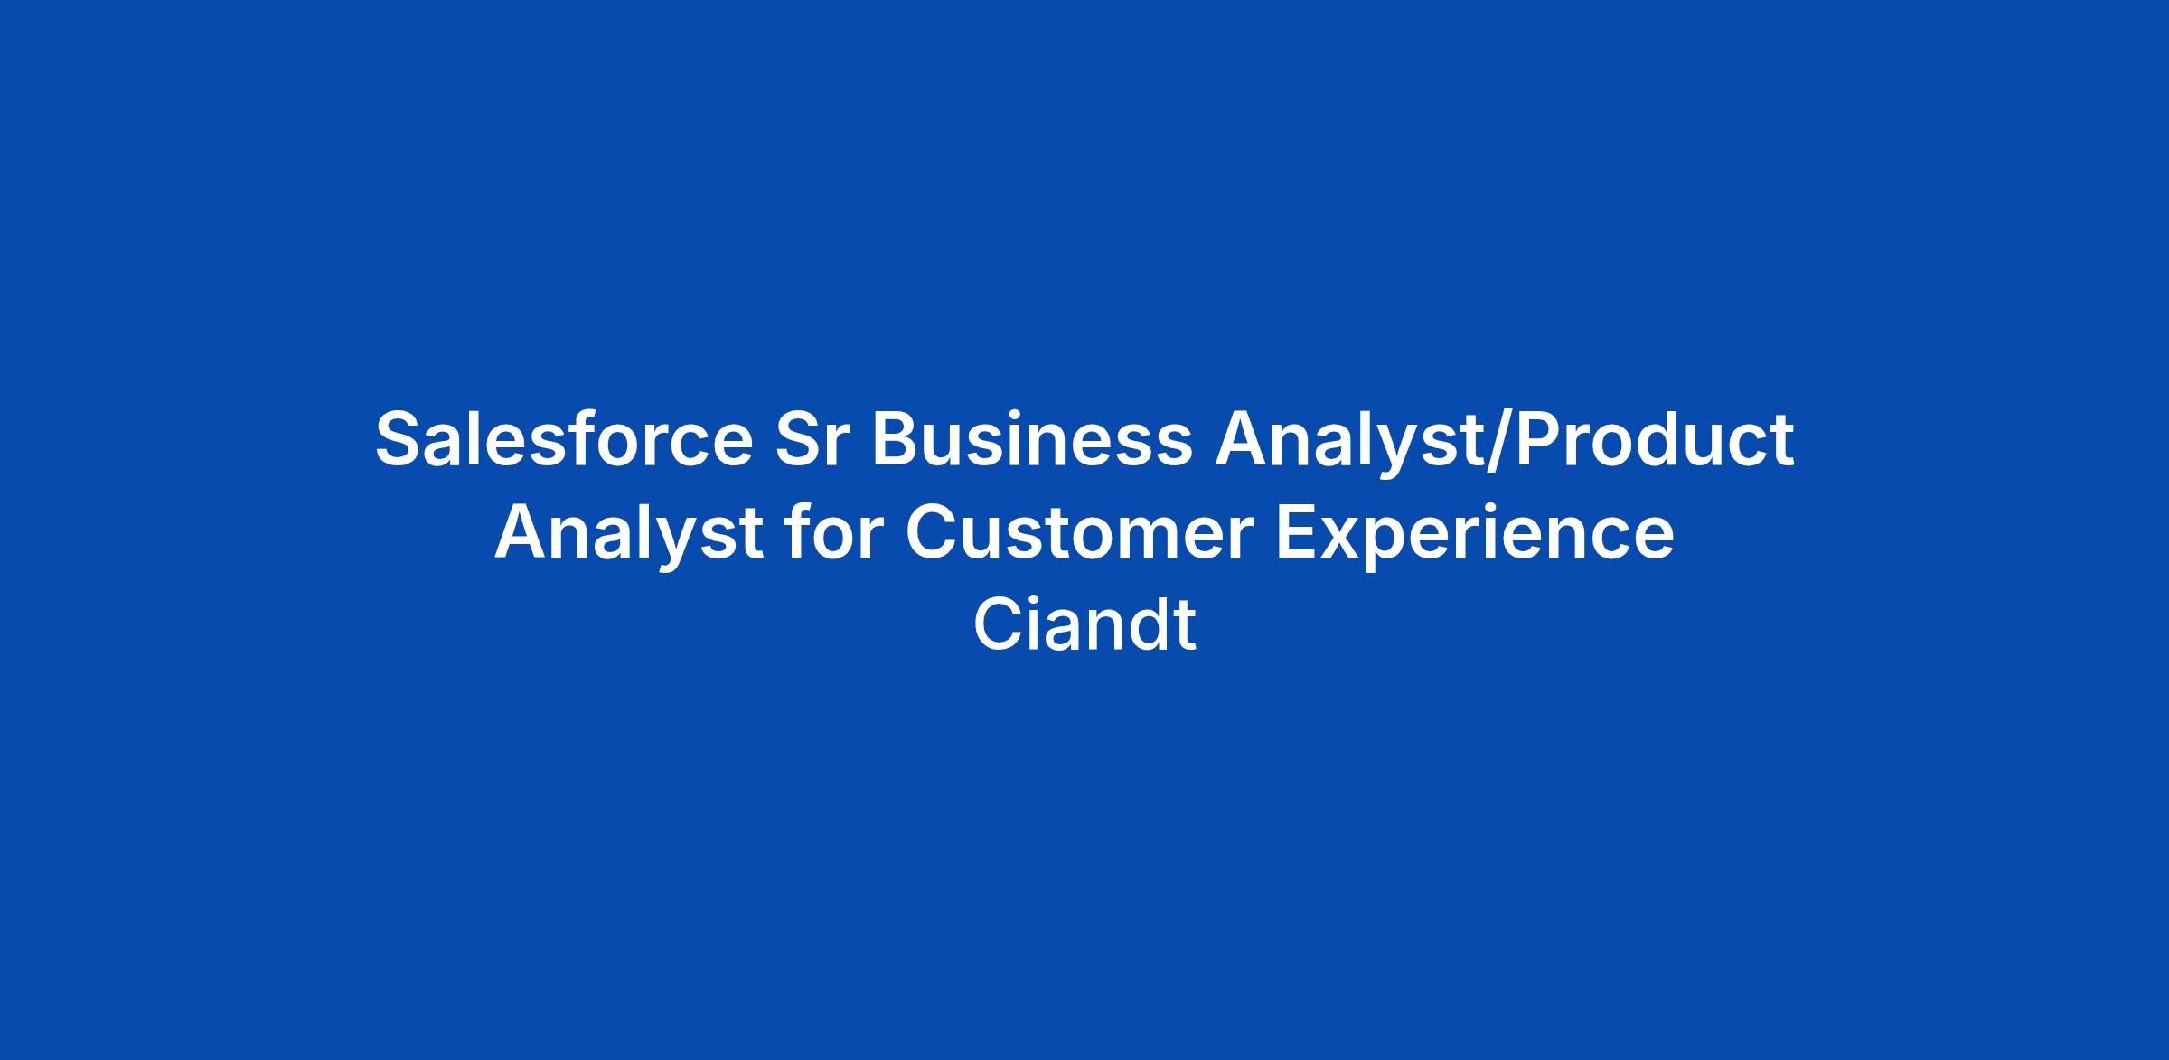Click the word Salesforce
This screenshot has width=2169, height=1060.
[564, 440]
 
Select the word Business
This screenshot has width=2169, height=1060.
[1031, 440]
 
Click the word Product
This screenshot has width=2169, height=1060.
[1655, 440]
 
